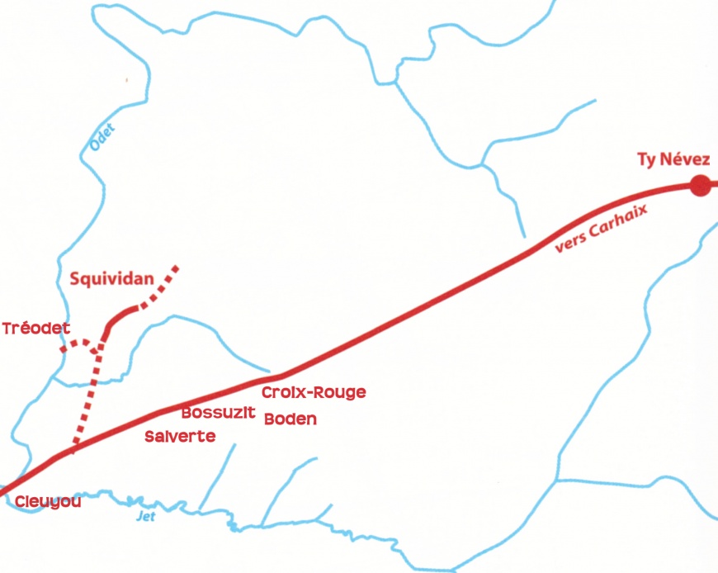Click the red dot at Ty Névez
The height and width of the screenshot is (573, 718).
pyautogui.click(x=700, y=187)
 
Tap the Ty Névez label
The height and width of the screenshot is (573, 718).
pyautogui.click(x=673, y=160)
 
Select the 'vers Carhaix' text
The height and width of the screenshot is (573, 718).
pyautogui.click(x=601, y=227)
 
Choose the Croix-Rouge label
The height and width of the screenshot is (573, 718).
pyautogui.click(x=313, y=392)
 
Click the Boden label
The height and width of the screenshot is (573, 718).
pyautogui.click(x=290, y=419)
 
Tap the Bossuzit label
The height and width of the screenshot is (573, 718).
pyautogui.click(x=218, y=412)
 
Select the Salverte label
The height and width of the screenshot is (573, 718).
pyautogui.click(x=179, y=436)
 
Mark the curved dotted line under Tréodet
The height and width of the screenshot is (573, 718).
pyautogui.click(x=81, y=343)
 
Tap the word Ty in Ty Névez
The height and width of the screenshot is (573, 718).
pyautogui.click(x=647, y=160)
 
